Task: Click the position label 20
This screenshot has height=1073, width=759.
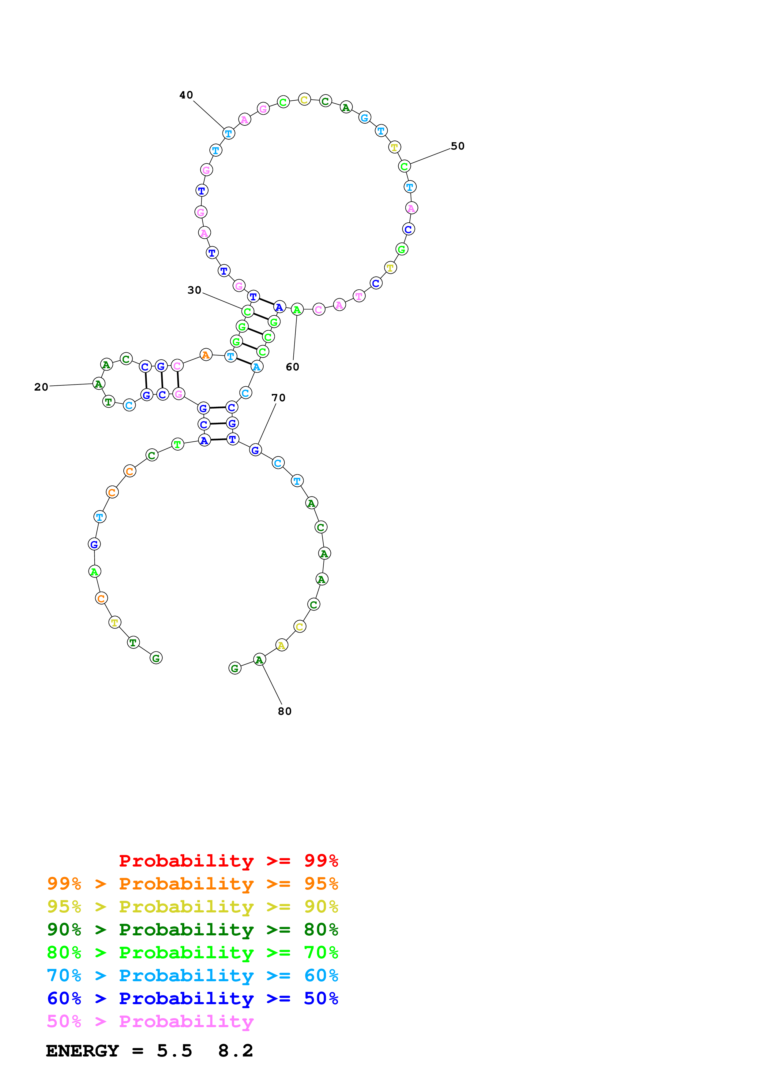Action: (41, 387)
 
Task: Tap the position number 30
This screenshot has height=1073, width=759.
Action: (194, 290)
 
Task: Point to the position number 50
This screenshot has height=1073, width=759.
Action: (457, 146)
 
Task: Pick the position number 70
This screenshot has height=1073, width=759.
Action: (278, 398)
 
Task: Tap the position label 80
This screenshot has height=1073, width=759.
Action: (284, 711)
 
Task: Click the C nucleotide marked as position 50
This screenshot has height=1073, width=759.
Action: (404, 166)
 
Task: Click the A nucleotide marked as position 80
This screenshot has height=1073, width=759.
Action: (259, 660)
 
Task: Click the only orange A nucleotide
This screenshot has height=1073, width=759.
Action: (206, 355)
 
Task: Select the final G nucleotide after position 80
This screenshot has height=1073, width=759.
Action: (235, 669)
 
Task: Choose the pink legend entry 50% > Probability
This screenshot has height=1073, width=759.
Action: (150, 1022)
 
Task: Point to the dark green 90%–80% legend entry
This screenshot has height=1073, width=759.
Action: (192, 930)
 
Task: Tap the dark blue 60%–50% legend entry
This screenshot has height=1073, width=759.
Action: (192, 998)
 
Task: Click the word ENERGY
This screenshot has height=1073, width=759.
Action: (82, 1051)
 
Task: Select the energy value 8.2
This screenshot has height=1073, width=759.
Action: (235, 1051)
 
